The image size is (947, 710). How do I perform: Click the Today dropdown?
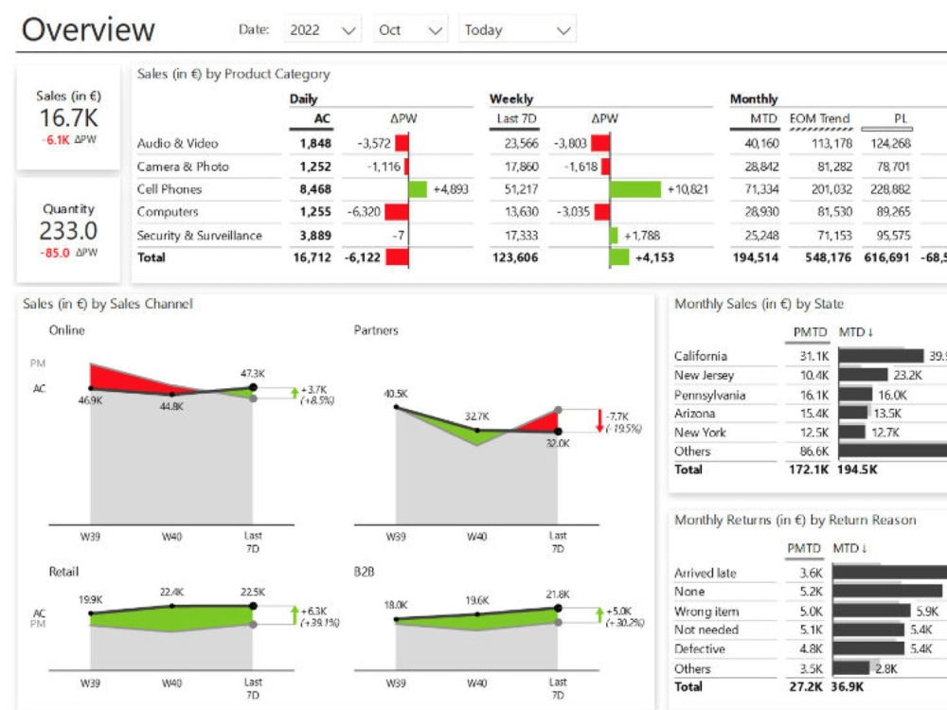click(x=517, y=30)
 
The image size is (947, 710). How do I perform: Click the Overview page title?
click(x=88, y=29)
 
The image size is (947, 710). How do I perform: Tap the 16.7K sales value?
click(x=68, y=117)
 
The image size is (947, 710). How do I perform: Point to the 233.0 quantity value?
click(x=68, y=231)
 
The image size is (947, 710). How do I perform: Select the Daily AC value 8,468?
click(x=315, y=189)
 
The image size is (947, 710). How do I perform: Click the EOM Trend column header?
click(x=820, y=118)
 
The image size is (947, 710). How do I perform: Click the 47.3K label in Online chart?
click(x=253, y=373)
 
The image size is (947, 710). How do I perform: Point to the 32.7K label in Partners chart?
click(x=476, y=416)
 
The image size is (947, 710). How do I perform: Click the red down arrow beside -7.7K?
click(x=599, y=421)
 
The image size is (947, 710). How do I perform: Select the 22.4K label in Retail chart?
click(x=171, y=592)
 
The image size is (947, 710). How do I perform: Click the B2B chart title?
click(x=365, y=572)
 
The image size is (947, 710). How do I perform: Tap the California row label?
click(x=701, y=356)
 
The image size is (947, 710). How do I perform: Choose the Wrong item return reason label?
click(x=706, y=612)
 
